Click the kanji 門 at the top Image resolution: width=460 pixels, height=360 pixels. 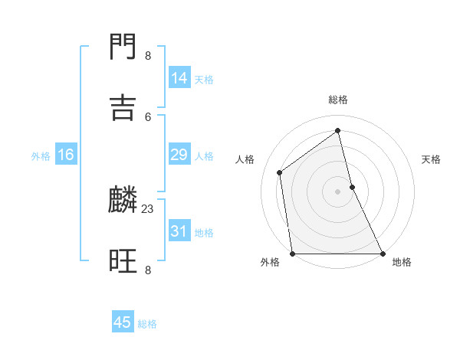click(123, 48)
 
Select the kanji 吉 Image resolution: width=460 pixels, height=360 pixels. click(123, 108)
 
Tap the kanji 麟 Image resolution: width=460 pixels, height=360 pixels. click(123, 201)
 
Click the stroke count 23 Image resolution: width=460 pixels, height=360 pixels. click(148, 208)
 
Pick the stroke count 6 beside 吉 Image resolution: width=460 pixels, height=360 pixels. click(148, 116)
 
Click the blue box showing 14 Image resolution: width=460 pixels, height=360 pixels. click(179, 78)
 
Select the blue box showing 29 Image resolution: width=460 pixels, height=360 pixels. click(179, 155)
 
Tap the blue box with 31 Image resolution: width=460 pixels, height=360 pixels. click(179, 231)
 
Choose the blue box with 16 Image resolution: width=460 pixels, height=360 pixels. click(66, 155)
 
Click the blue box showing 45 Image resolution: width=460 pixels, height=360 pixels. click(123, 322)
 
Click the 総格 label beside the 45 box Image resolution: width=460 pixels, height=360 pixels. click(147, 324)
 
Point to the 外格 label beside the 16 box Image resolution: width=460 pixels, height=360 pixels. click(41, 156)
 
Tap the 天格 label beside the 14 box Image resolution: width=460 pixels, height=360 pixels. click(204, 80)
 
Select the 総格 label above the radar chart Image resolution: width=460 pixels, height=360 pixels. click(338, 100)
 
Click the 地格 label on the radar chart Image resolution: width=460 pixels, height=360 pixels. click(402, 262)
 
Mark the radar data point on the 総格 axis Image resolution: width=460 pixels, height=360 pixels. click(338, 130)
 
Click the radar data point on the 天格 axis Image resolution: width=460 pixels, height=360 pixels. click(352, 187)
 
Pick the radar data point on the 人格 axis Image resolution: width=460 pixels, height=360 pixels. click(280, 172)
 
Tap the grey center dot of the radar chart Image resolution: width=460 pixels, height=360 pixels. click(338, 191)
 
